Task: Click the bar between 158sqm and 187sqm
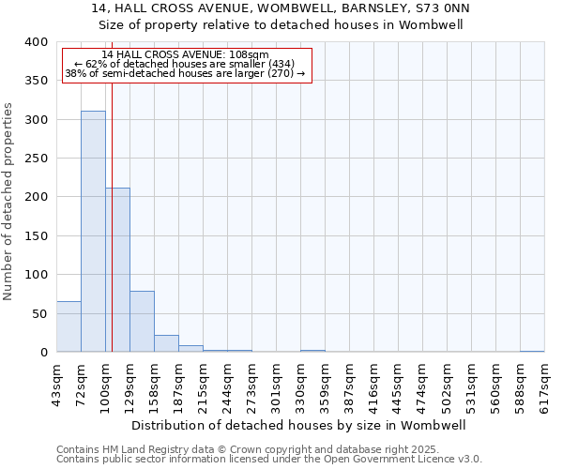(x=166, y=343)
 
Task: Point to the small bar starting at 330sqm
(x=312, y=351)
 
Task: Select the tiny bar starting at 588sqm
(x=532, y=351)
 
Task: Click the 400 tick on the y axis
(x=36, y=42)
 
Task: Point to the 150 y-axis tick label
(x=36, y=236)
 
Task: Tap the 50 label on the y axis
(x=39, y=314)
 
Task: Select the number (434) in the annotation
(x=281, y=64)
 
